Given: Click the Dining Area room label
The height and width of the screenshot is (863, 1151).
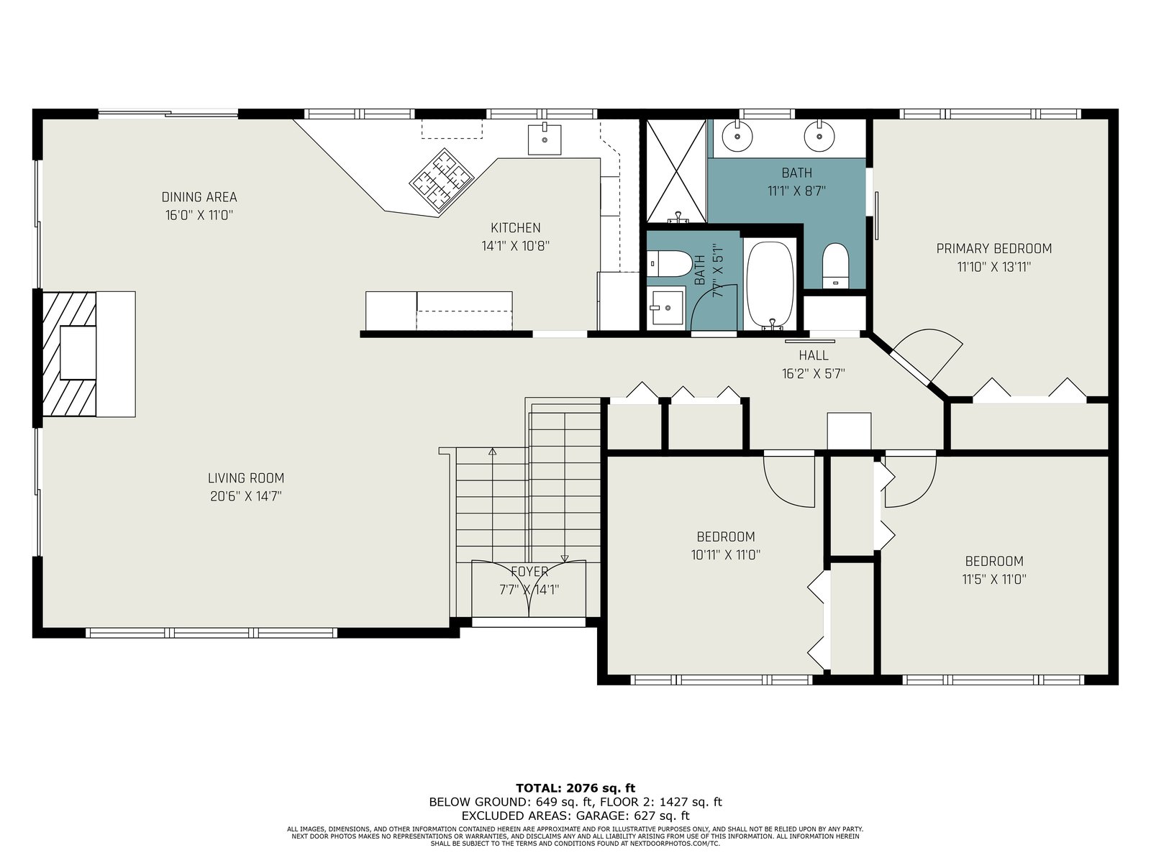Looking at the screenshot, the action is [199, 197].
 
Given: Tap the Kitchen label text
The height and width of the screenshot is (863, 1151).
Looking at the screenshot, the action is [516, 228].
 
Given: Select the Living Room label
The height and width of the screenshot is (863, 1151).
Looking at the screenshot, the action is [246, 478].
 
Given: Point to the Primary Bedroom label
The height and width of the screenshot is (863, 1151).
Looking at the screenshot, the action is [994, 248].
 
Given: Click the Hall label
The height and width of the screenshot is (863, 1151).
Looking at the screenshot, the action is [814, 355].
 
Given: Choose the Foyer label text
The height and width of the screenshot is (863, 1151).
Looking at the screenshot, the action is [529, 572].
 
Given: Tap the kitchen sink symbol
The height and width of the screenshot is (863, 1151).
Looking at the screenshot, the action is [545, 139].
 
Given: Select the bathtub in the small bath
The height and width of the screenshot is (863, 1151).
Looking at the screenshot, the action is [770, 286].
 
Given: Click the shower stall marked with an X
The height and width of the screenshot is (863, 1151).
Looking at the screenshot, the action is [676, 171].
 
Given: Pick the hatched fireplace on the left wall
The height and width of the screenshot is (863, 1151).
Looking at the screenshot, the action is [69, 355].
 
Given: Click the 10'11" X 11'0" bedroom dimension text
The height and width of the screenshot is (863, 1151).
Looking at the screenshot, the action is [726, 555].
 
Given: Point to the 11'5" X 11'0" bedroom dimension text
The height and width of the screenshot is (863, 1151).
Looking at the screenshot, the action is [994, 579].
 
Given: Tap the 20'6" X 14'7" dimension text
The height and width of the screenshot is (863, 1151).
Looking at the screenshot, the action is [246, 496].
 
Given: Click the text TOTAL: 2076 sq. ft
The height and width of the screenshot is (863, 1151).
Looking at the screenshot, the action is [575, 788].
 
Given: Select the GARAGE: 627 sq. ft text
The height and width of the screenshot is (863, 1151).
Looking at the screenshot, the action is [632, 816].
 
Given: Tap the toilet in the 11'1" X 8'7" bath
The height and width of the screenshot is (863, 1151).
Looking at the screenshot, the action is [835, 265].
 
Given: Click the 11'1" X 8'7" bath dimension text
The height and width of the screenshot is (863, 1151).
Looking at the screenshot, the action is [796, 191].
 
